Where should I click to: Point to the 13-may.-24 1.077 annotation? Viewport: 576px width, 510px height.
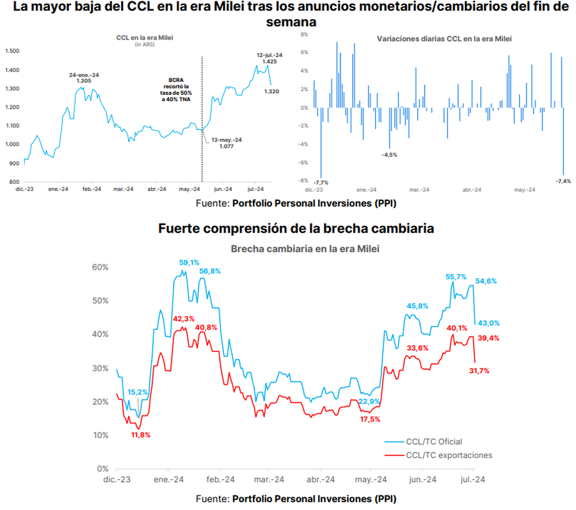pyautogui.click(x=227, y=143)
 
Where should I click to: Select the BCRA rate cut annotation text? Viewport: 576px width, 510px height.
pyautogui.click(x=176, y=89)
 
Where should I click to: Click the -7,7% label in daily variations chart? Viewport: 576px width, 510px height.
pyautogui.click(x=321, y=182)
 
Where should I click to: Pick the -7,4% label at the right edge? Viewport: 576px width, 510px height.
pyautogui.click(x=563, y=181)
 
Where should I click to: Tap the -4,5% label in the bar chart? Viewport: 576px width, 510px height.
pyautogui.click(x=389, y=155)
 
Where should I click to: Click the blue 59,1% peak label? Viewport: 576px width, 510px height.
pyautogui.click(x=189, y=263)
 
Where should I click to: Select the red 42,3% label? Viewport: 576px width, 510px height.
pyautogui.click(x=184, y=319)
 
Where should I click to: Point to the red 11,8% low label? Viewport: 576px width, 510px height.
pyautogui.click(x=141, y=435)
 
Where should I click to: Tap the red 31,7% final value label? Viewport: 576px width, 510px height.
pyautogui.click(x=479, y=371)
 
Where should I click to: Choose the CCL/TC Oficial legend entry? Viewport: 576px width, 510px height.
pyautogui.click(x=433, y=442)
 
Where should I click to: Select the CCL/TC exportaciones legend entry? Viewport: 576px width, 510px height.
pyautogui.click(x=449, y=455)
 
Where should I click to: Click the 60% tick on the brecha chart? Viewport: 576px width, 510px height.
pyautogui.click(x=100, y=267)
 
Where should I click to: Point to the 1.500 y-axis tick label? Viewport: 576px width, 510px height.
pyautogui.click(x=12, y=51)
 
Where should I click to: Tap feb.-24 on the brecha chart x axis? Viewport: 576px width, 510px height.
pyautogui.click(x=220, y=479)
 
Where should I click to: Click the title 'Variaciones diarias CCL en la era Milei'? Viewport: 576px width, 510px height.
pyautogui.click(x=444, y=39)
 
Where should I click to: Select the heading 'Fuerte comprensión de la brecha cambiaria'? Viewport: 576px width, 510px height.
pyautogui.click(x=296, y=229)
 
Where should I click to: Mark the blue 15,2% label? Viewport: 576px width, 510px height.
pyautogui.click(x=138, y=392)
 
